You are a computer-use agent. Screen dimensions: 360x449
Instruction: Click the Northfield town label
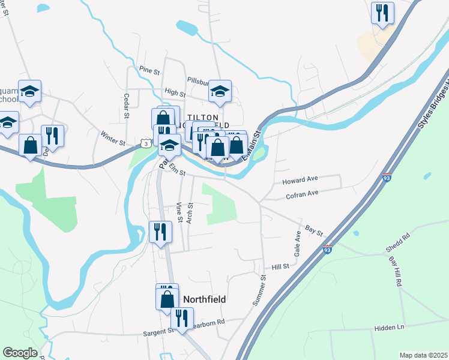(207, 299)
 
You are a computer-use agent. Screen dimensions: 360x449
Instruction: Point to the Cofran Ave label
(302, 194)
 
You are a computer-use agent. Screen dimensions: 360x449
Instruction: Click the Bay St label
(314, 230)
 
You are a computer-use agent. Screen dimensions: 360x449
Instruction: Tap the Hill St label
(280, 266)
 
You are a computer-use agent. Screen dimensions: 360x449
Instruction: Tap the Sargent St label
(158, 331)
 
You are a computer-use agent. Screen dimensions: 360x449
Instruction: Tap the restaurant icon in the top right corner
(382, 13)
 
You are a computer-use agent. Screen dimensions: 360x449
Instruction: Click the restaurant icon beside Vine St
(160, 232)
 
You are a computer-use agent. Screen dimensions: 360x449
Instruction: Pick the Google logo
(20, 353)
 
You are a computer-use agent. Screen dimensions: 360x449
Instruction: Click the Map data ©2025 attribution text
(423, 355)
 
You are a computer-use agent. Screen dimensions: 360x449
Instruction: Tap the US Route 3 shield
(145, 143)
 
